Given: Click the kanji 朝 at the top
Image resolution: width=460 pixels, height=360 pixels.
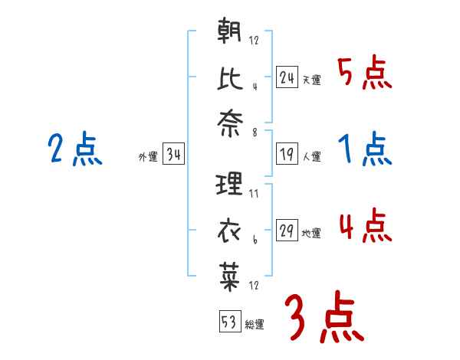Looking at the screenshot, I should pos(230,33).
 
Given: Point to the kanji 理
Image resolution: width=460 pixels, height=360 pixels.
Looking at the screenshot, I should pos(230,184).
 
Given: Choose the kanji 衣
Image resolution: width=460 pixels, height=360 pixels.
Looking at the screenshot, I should pos(230,231).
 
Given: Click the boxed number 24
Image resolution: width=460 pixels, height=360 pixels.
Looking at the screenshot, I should pos(287,77).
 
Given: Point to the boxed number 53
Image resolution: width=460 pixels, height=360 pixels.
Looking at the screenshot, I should pos(229,322).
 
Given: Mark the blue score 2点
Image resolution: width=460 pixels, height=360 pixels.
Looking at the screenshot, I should pos(75,149).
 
